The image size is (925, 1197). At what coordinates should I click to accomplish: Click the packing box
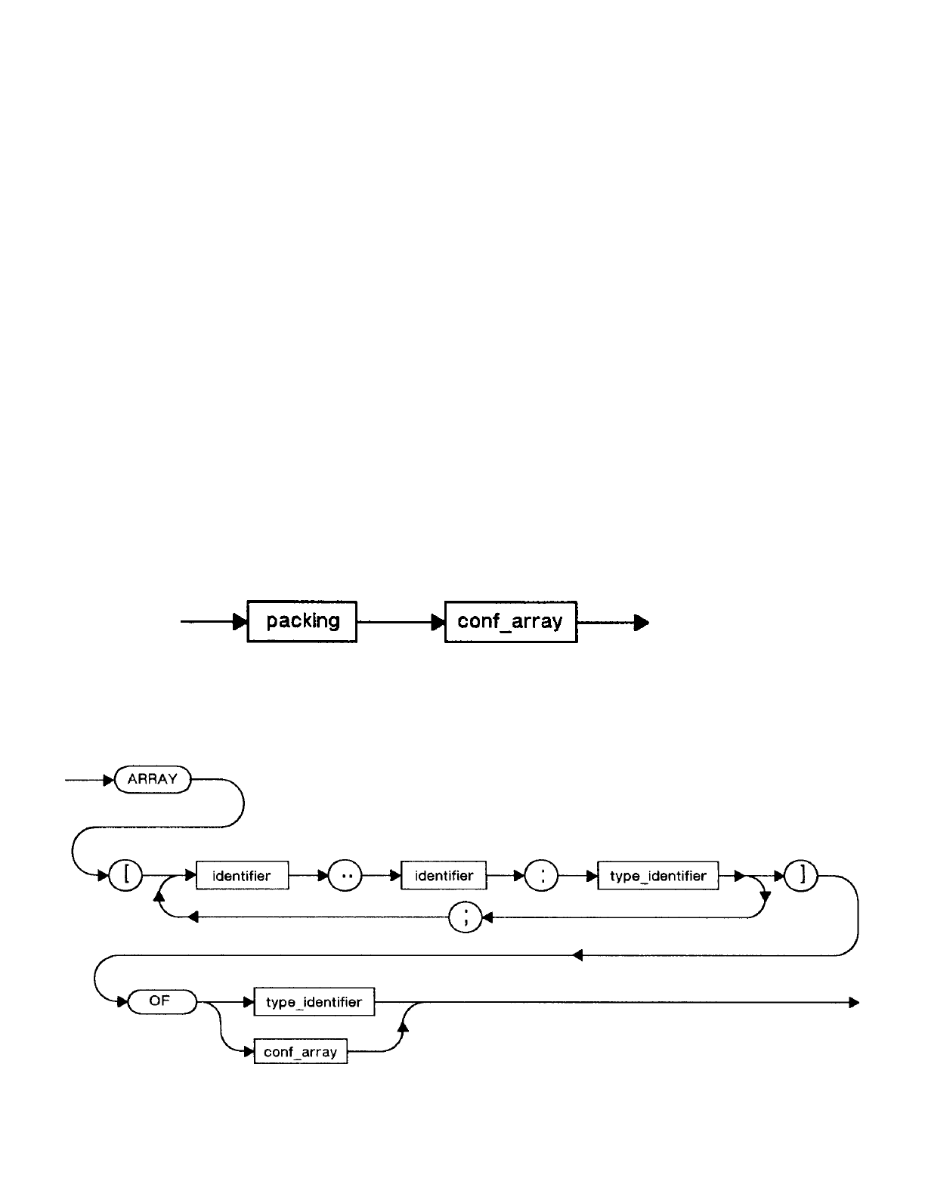302,621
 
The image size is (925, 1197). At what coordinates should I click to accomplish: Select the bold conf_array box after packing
511,622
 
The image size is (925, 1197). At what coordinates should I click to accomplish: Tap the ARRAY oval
153,779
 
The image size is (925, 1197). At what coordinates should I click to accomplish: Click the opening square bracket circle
125,875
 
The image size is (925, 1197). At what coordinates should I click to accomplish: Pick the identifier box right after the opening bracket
243,875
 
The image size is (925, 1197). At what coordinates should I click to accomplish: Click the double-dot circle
345,875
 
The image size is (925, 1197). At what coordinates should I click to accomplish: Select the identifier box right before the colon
444,875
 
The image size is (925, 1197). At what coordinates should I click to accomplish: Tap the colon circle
542,875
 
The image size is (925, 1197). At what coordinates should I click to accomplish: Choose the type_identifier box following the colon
657,875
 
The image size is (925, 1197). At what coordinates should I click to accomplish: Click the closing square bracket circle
801,875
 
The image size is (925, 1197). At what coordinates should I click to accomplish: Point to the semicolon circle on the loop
466,917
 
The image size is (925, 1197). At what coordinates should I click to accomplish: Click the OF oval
162,1001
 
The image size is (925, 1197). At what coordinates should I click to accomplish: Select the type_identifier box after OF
314,1001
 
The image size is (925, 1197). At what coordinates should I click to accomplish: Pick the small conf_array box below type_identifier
301,1052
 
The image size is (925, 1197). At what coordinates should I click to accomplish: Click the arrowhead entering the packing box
241,622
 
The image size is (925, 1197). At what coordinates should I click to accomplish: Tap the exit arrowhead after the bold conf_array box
642,623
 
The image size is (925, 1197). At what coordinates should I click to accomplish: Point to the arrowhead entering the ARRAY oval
109,780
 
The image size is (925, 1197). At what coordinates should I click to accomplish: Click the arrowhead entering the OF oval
122,1001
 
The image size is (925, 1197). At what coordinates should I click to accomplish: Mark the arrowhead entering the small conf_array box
249,1052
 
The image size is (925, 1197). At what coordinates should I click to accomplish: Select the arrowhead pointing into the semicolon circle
487,917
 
